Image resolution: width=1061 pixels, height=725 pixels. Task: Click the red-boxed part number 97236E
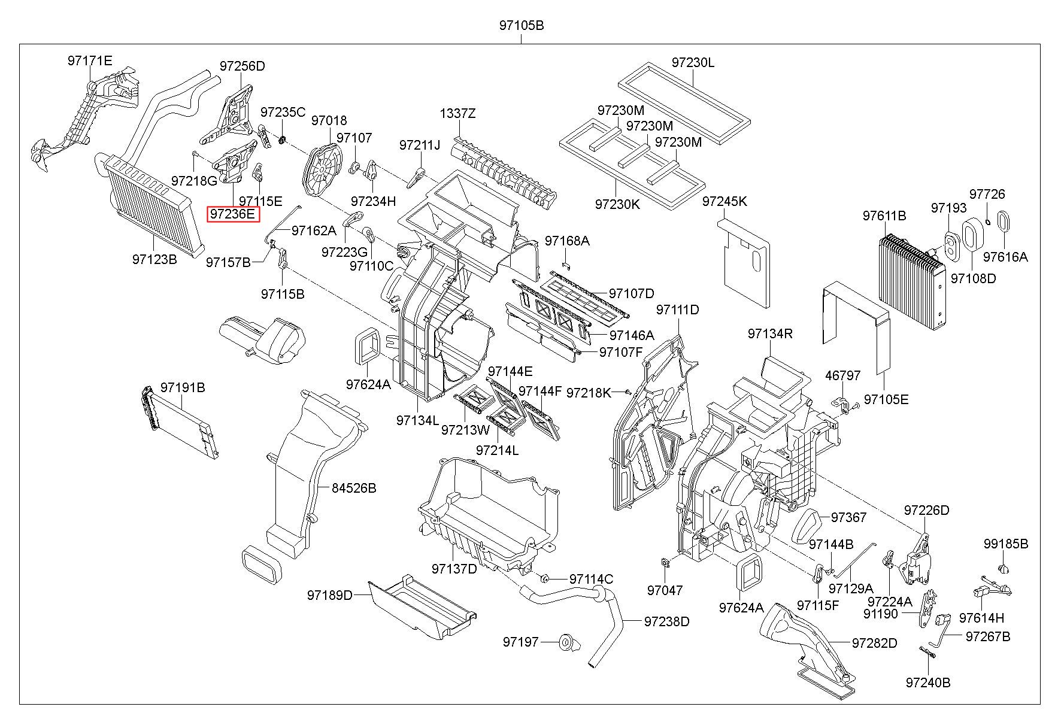pos(233,214)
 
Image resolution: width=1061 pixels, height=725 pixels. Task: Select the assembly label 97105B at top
pos(521,26)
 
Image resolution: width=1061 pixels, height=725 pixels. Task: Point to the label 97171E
pos(90,60)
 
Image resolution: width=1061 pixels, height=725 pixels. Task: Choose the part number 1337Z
pos(458,113)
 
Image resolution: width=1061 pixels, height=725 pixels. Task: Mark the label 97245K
pos(724,201)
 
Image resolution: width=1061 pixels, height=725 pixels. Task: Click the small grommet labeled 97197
pos(566,642)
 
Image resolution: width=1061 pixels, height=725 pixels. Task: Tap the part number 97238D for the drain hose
pos(667,621)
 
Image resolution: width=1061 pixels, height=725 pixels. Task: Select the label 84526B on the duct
pos(354,488)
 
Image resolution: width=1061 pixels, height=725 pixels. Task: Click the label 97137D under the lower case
pos(454,568)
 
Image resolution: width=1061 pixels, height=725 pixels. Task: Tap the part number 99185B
pos(1006,544)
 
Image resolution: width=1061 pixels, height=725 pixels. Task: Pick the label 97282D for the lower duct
pos(875,643)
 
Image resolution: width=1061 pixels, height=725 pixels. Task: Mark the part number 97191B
pos(183,388)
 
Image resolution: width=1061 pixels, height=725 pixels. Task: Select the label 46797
pos(842,375)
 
